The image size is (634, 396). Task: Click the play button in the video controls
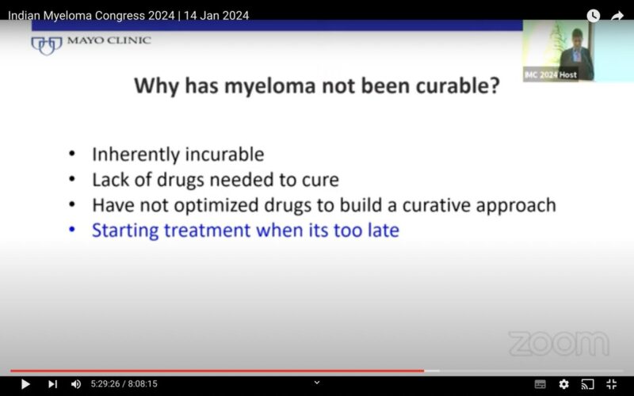(25, 384)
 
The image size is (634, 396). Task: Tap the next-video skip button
(52, 384)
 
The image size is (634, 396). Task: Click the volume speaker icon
(76, 384)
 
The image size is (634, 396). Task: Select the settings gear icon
(563, 384)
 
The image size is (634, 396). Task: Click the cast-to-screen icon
(587, 384)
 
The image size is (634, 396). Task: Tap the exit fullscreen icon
(611, 384)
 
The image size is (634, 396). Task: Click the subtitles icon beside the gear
(540, 384)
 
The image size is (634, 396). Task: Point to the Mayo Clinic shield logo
(46, 44)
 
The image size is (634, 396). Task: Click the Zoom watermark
(559, 344)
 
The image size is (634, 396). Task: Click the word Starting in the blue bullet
(124, 230)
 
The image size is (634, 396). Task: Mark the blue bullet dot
(73, 230)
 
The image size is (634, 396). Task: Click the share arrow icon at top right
(617, 16)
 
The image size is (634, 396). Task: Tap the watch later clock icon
(593, 16)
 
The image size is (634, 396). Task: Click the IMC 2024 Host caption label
(550, 75)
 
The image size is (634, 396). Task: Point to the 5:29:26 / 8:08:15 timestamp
(124, 384)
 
